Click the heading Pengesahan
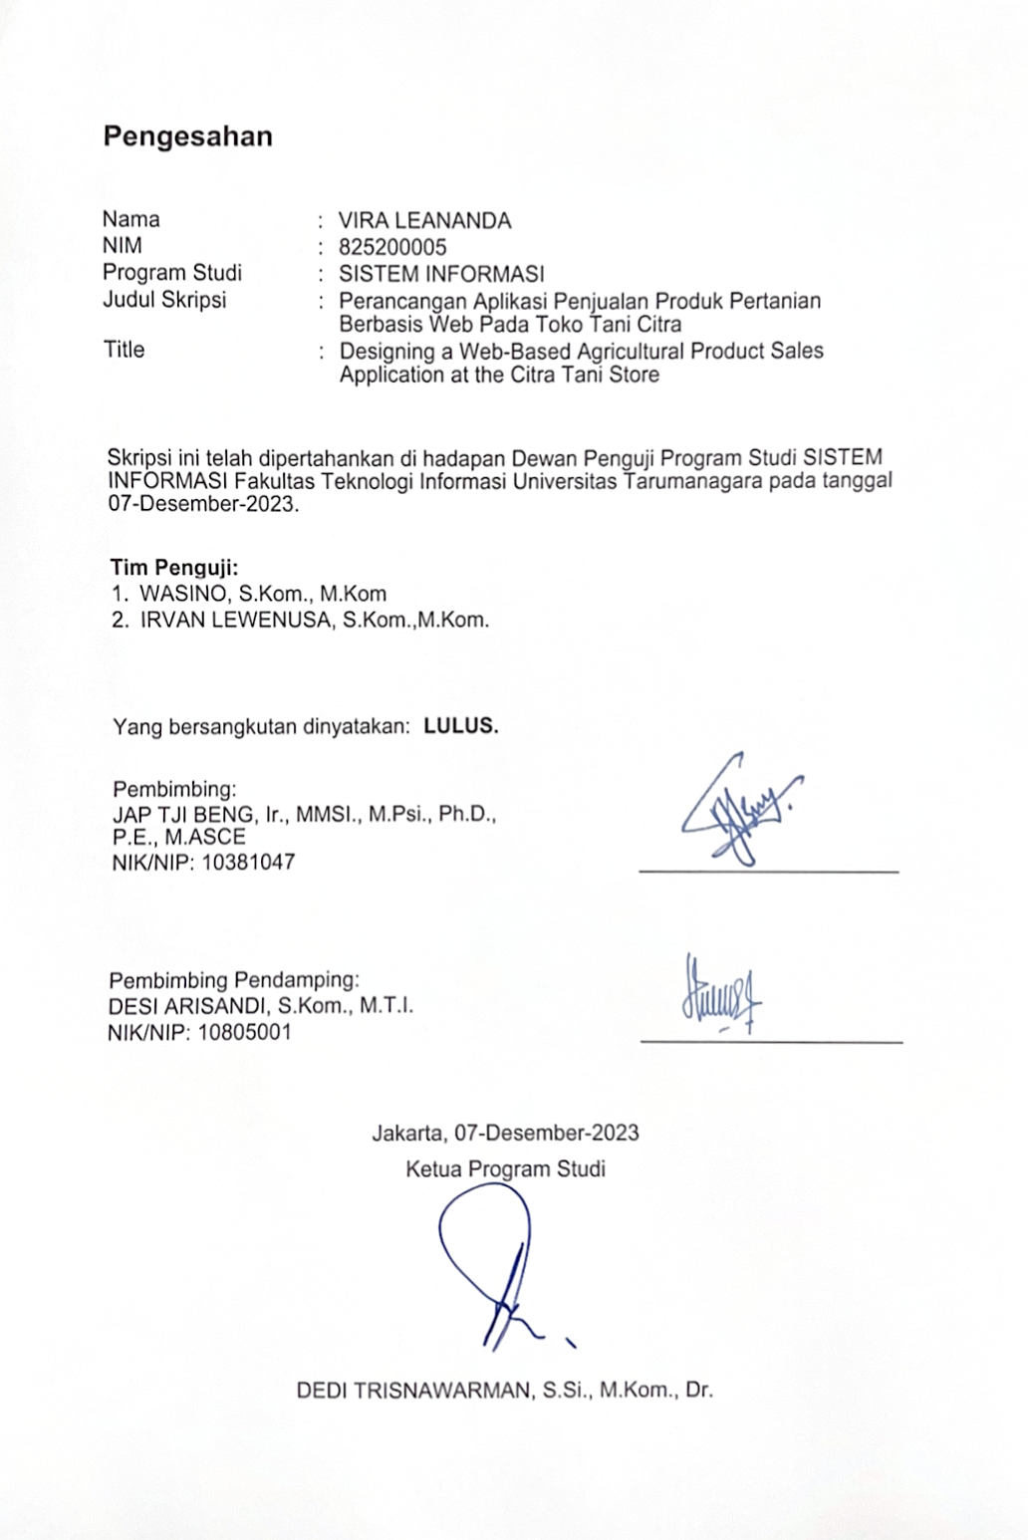pyautogui.click(x=187, y=136)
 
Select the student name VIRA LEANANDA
pyautogui.click(x=424, y=221)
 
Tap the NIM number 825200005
pyautogui.click(x=392, y=247)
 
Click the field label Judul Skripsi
pyautogui.click(x=164, y=299)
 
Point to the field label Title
pyautogui.click(x=124, y=350)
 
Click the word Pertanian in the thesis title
pyautogui.click(x=773, y=301)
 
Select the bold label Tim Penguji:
pyautogui.click(x=174, y=568)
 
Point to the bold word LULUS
pyautogui.click(x=460, y=726)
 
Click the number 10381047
pyautogui.click(x=249, y=863)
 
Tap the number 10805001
pyautogui.click(x=245, y=1032)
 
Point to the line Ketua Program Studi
pyautogui.click(x=505, y=1168)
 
